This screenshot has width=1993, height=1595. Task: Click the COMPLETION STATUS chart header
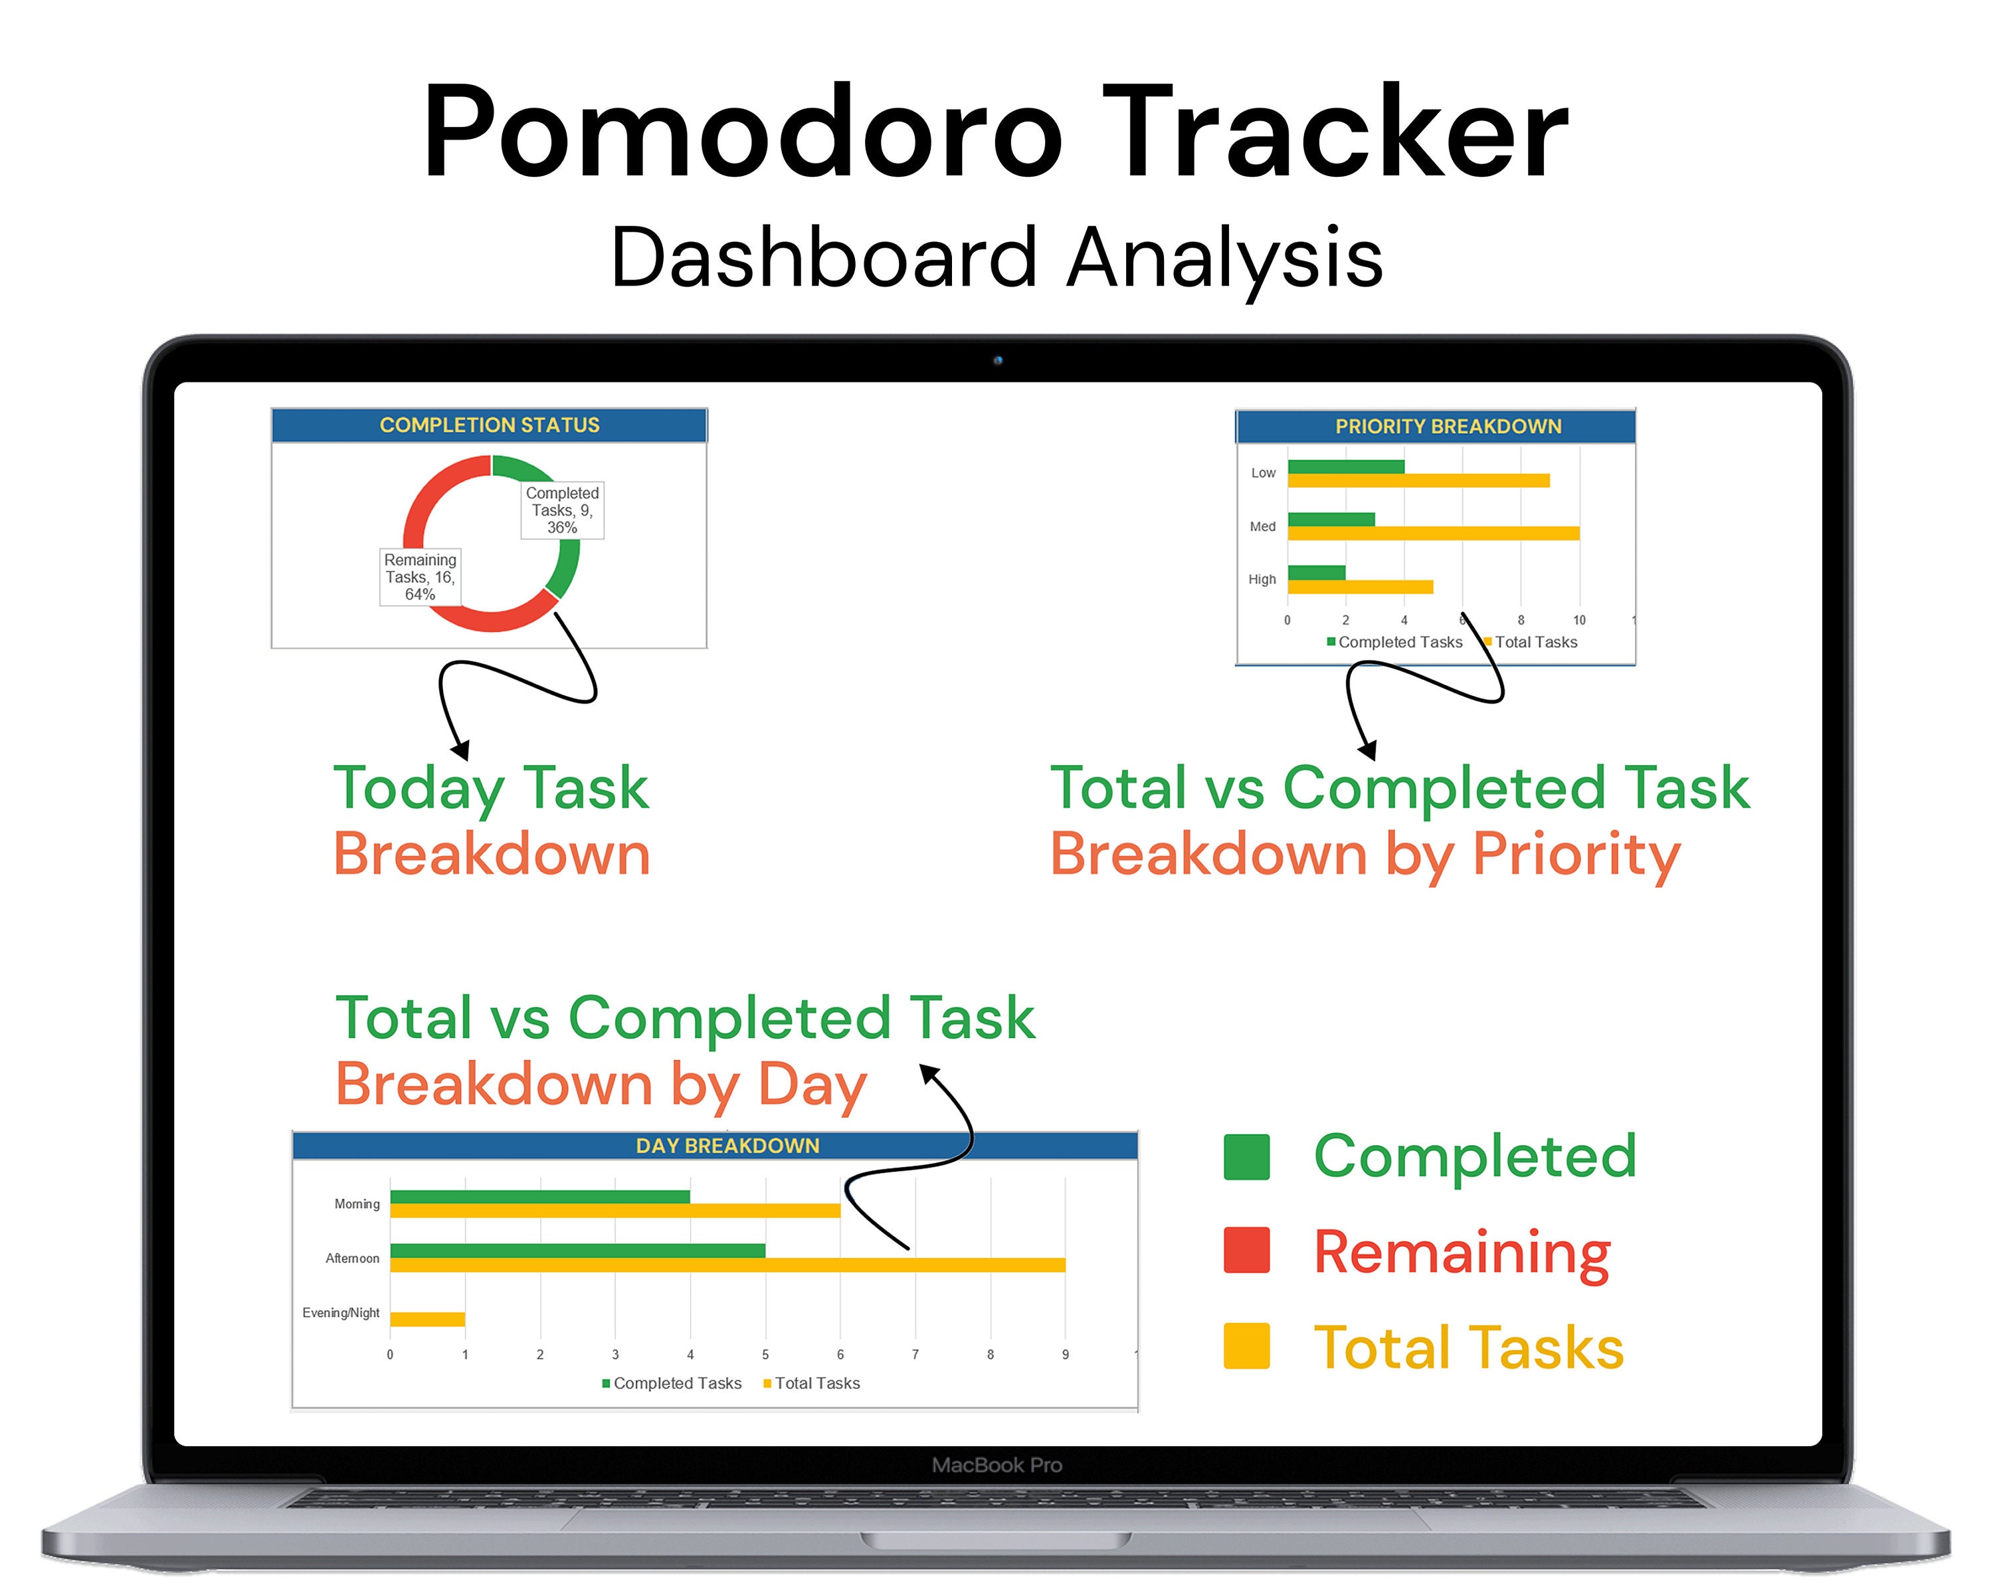click(489, 425)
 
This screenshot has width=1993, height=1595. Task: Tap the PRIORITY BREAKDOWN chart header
click(1448, 426)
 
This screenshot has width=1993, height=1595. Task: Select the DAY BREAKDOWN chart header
click(727, 1146)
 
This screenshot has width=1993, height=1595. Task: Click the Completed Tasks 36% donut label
click(562, 510)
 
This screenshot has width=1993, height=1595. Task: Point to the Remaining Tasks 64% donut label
click(420, 577)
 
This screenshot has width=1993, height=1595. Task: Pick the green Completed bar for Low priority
click(1345, 467)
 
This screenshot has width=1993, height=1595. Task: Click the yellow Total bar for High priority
click(1360, 587)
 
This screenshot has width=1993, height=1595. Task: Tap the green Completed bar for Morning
click(540, 1196)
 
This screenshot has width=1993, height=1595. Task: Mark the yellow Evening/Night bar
click(427, 1319)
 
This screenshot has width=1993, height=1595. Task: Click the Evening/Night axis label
click(340, 1313)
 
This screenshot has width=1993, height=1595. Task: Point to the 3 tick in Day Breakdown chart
click(615, 1354)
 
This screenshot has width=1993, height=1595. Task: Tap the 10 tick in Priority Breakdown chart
click(1579, 621)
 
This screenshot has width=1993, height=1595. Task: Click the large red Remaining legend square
click(1246, 1250)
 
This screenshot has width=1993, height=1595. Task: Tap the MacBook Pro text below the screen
click(996, 1465)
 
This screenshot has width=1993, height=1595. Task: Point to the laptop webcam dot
click(997, 361)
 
